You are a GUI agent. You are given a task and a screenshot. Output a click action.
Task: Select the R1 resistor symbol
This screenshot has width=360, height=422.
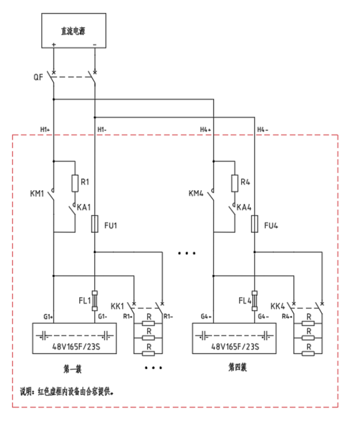74,183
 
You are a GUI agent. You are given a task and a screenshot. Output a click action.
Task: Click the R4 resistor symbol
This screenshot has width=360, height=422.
235,183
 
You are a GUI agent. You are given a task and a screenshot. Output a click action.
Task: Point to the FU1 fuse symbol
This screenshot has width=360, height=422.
95,224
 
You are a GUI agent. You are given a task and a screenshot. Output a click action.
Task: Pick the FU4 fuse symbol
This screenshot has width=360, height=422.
255,224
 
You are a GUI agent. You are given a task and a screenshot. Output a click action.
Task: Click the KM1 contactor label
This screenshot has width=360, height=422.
37,194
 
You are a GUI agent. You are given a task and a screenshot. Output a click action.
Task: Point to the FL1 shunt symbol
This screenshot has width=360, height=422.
95,300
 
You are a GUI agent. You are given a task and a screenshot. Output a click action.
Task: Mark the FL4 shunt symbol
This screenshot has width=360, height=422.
255,300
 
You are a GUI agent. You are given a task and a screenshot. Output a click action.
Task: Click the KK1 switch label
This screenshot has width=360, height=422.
117,306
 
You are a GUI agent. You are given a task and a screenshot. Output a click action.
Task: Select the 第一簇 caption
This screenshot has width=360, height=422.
73,369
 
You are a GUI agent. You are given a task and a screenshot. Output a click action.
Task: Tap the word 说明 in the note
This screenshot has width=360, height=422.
25,392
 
